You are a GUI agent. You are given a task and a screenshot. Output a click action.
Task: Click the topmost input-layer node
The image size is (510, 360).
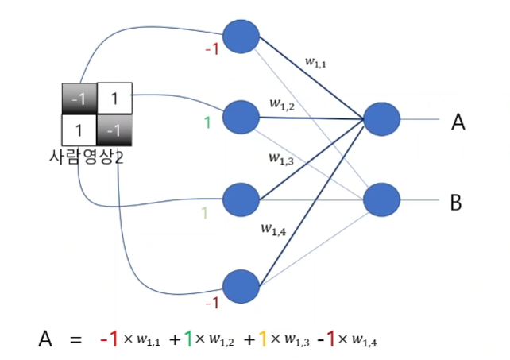[x=241, y=37]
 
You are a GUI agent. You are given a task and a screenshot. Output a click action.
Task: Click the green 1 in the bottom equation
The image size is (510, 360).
[x=188, y=340]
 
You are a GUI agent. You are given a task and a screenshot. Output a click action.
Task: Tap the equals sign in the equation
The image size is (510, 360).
[x=76, y=341]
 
